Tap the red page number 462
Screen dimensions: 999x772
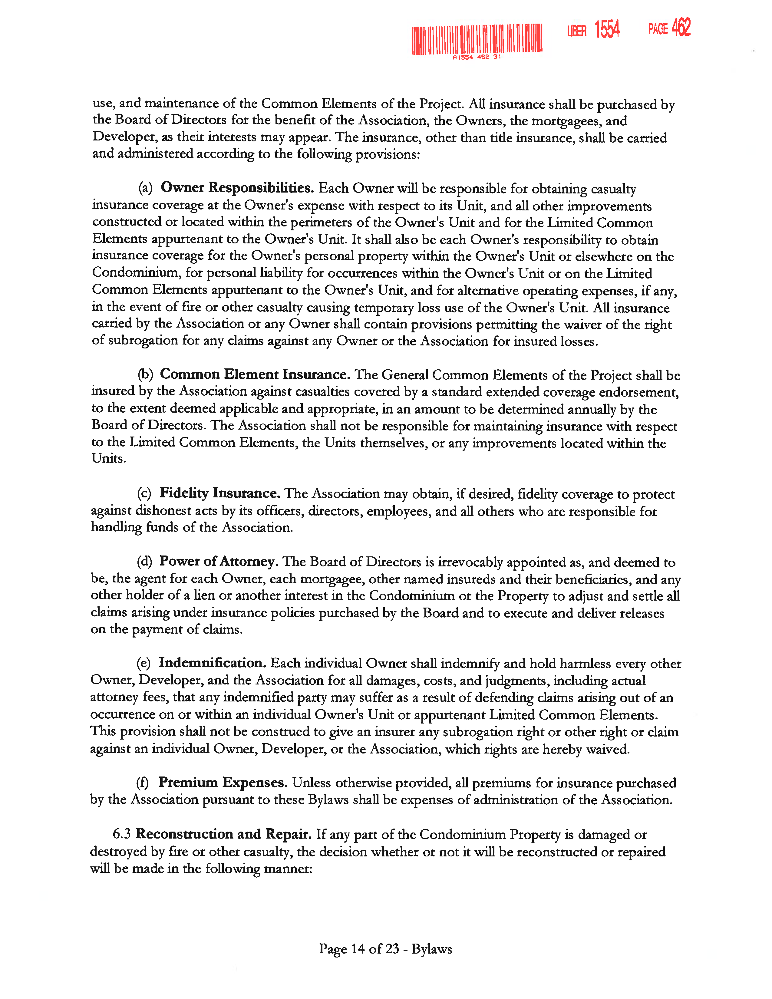pos(681,28)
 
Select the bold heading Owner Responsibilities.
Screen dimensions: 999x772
pos(237,188)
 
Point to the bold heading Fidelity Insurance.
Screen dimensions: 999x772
pos(219,493)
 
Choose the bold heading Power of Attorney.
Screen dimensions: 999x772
pos(219,561)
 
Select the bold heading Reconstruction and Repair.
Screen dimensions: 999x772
pos(224,834)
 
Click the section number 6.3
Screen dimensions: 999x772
pos(122,834)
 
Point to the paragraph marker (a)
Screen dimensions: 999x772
pos(145,188)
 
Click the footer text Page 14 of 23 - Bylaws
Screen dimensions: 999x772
pos(385,949)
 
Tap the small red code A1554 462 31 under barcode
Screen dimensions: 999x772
pos(477,57)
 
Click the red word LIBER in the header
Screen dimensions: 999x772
pos(577,31)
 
